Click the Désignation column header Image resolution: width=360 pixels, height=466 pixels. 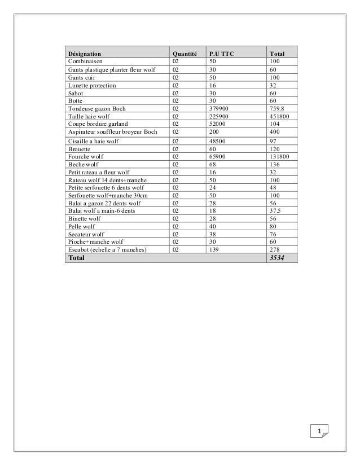click(85, 54)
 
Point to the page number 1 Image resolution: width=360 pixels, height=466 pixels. click(320, 433)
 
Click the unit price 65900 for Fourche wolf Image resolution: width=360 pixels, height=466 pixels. click(217, 156)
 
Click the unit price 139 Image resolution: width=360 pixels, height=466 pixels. click(214, 249)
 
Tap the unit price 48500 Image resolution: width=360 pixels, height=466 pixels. click(217, 141)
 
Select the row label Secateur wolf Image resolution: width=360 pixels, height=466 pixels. click(86, 234)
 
